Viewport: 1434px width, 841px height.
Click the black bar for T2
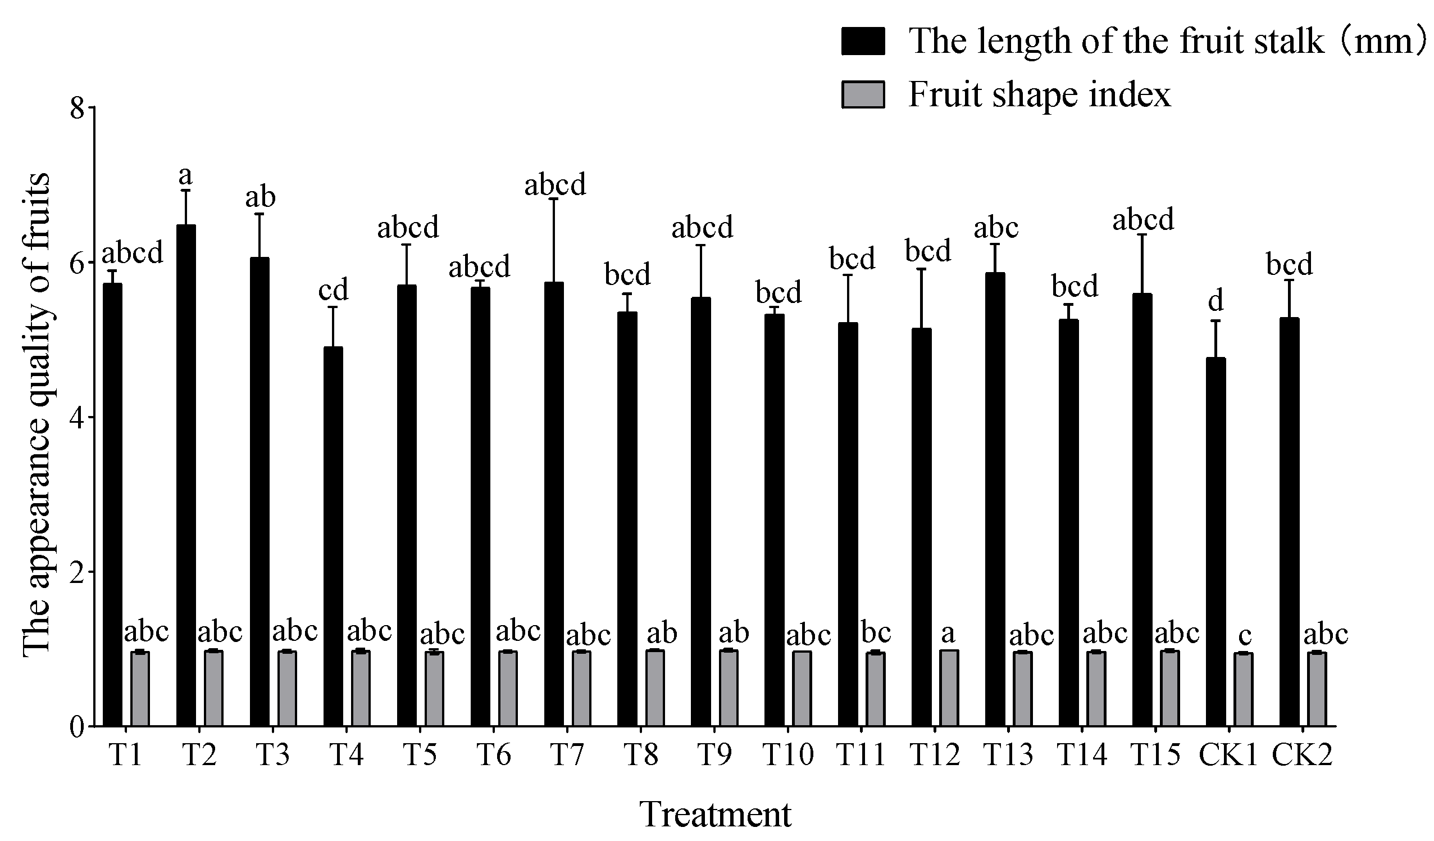(x=186, y=476)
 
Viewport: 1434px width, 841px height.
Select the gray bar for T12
(x=949, y=688)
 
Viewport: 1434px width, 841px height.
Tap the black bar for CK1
(x=1216, y=541)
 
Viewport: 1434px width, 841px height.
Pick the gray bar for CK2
(x=1317, y=689)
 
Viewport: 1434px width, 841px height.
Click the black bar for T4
(x=333, y=535)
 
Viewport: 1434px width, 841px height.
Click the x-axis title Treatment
(x=716, y=815)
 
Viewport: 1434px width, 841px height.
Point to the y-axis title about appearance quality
(x=37, y=415)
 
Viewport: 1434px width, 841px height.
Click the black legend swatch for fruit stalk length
(x=863, y=42)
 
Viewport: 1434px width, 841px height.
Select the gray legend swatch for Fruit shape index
(x=863, y=94)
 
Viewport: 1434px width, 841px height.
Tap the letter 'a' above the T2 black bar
(x=185, y=177)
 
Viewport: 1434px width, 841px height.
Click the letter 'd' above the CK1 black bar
(x=1216, y=300)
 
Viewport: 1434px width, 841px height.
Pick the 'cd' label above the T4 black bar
(x=333, y=291)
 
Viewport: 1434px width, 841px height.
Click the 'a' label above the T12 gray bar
(x=948, y=632)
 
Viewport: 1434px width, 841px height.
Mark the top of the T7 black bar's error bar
(x=554, y=198)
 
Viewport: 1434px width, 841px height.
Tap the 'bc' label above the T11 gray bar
(x=876, y=632)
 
